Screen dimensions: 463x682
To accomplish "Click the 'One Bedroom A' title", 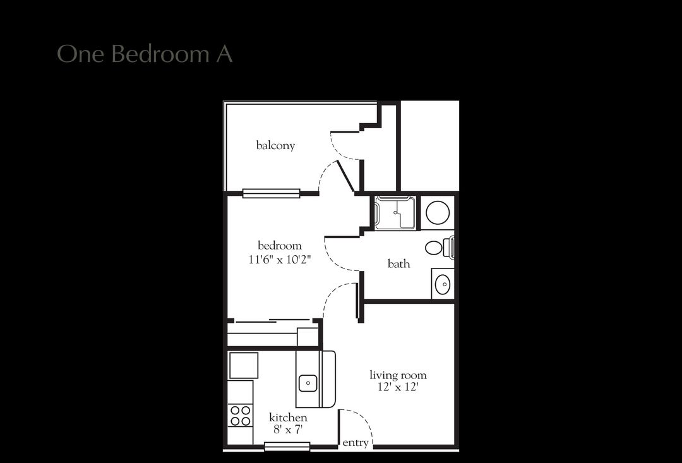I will click(145, 54).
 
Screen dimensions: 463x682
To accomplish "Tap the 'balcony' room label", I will click(275, 145).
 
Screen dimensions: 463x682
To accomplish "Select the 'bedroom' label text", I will click(279, 245).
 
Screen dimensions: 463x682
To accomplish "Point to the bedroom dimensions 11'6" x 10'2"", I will click(280, 258).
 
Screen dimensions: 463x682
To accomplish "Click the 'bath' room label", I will click(398, 263).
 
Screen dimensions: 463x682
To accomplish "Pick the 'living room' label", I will click(398, 375).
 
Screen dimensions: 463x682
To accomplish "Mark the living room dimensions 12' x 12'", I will click(398, 388).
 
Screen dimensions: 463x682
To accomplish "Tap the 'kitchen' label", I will click(288, 418).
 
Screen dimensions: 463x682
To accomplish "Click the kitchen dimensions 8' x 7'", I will click(288, 430).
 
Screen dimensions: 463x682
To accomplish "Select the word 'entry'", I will click(355, 443).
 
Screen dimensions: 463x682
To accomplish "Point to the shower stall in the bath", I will click(395, 212).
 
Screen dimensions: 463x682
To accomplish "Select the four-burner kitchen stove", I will click(240, 416).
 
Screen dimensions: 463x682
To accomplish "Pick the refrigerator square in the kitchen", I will click(243, 365).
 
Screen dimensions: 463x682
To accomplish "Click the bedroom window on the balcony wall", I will click(271, 193).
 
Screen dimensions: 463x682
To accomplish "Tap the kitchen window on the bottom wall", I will click(287, 447).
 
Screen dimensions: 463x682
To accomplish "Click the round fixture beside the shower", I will click(437, 212).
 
